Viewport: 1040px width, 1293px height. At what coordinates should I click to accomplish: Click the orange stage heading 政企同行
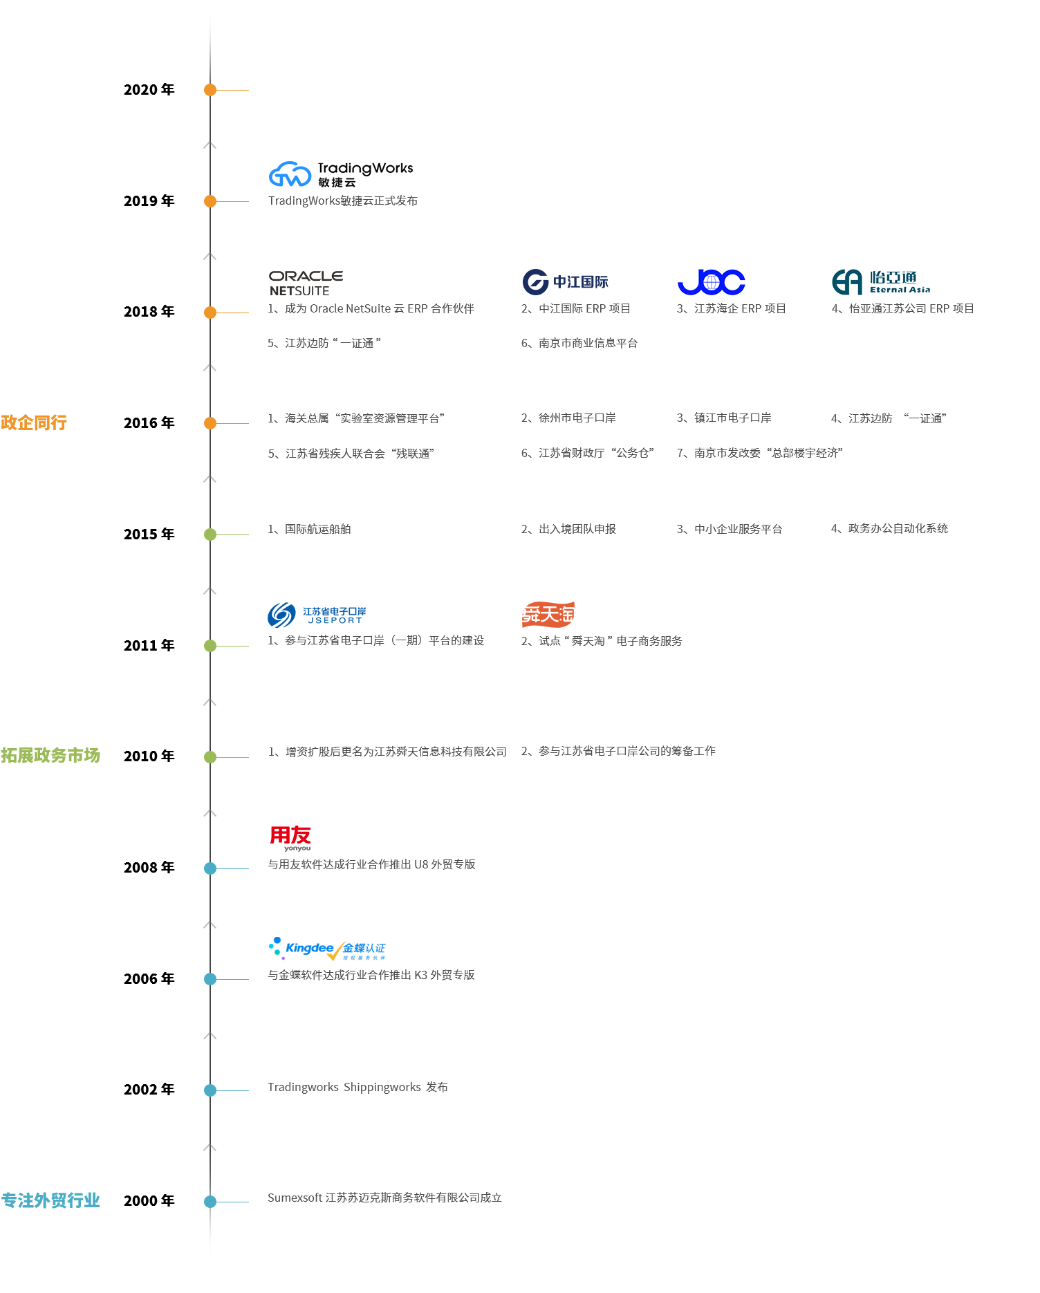coord(34,422)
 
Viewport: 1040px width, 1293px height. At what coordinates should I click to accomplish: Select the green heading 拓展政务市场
coord(50,755)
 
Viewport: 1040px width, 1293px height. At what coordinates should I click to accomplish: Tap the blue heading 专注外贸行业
coord(50,1200)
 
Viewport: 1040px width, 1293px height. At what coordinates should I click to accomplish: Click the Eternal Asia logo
coord(880,282)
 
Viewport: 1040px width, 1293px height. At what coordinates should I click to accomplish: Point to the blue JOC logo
coord(711,282)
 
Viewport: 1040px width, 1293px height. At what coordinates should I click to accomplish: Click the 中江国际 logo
coord(564,281)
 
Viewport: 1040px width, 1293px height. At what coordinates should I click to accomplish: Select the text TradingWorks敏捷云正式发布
coord(342,201)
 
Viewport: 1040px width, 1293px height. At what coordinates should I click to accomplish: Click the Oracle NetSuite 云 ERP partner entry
coord(371,308)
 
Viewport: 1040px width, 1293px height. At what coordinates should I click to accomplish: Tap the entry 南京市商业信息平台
coord(579,343)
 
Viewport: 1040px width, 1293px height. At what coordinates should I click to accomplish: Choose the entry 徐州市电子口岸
coord(568,418)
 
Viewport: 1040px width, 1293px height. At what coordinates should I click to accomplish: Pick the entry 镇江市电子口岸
coord(724,418)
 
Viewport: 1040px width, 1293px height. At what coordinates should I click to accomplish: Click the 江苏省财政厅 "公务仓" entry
coord(587,453)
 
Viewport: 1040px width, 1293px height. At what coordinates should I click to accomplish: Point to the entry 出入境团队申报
coord(568,529)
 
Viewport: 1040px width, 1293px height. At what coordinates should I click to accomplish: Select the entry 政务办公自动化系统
coord(889,528)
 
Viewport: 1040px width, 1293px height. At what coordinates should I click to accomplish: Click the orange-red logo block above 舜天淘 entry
coord(548,614)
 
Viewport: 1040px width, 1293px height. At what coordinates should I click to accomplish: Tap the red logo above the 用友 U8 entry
coord(290,838)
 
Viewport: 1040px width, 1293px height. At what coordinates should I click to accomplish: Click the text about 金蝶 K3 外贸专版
coord(371,975)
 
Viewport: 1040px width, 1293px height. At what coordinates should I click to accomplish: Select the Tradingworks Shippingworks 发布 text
coord(357,1087)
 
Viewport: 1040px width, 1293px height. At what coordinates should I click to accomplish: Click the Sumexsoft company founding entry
coord(384,1198)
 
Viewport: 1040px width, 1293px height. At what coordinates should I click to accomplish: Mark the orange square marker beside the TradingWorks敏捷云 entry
coord(210,201)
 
